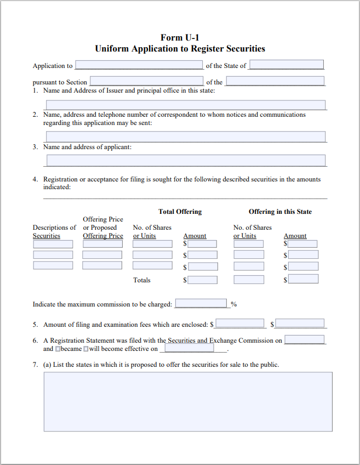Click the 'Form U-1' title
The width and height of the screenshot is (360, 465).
tap(180, 37)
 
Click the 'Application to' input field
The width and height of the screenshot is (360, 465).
tap(139, 65)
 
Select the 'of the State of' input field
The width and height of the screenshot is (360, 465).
tap(287, 65)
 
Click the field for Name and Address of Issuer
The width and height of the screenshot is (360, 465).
tap(186, 105)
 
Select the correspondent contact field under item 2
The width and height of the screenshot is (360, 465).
tap(186, 137)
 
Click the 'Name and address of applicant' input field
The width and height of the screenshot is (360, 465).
tap(186, 161)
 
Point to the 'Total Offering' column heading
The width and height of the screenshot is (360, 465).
tap(180, 212)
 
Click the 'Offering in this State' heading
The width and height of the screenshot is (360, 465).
tap(280, 212)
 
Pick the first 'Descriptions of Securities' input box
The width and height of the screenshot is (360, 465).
tap(53, 244)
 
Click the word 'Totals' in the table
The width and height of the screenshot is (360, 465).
tap(142, 280)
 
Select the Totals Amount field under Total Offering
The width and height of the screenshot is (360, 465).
tap(202, 280)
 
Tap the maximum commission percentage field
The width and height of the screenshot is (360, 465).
tap(201, 304)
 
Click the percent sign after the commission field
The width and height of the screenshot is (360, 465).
tap(233, 304)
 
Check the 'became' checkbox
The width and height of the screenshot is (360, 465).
tap(58, 349)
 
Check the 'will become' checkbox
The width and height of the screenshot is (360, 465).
tap(85, 349)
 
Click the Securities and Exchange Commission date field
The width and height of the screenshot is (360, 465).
tap(304, 340)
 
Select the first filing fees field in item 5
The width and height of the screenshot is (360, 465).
tap(240, 324)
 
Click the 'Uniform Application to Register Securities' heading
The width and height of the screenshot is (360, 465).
tap(180, 49)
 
